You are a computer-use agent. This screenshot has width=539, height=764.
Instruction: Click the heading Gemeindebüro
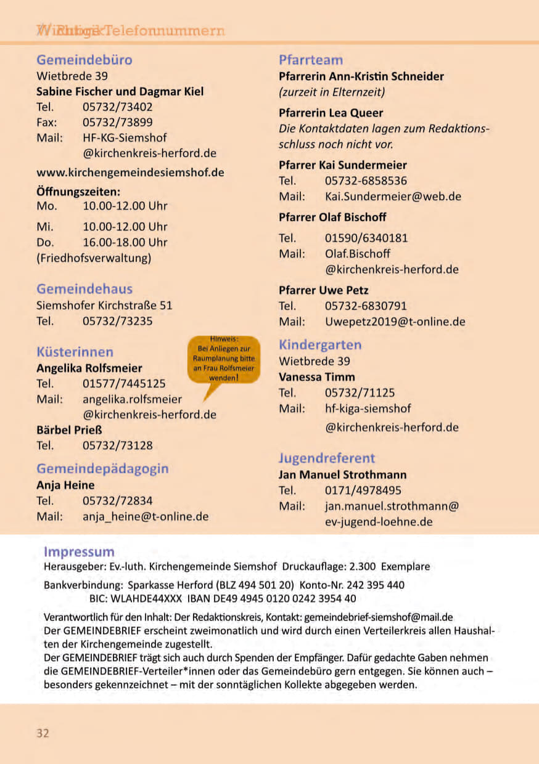pos(84,60)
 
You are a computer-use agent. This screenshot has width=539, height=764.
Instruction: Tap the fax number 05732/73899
pos(118,122)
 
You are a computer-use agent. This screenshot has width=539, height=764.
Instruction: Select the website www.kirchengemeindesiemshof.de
pos(130,173)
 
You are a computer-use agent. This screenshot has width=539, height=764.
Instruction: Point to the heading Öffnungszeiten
pos(78,191)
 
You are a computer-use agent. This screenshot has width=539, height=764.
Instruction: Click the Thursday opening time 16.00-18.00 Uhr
pos(125,242)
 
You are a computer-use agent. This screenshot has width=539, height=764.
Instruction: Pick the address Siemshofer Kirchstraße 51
pos(104,305)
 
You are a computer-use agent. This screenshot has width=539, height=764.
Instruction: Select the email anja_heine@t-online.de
pos(146,516)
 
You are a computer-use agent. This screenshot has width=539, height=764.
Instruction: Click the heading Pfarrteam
pos(311,60)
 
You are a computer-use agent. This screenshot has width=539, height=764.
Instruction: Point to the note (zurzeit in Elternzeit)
pos(332,92)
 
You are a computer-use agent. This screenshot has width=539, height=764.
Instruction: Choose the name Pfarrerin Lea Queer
pos(331,113)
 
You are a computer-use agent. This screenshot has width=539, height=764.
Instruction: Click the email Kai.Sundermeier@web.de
pos(393,197)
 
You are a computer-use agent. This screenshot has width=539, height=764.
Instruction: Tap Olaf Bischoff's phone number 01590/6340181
pos(366,238)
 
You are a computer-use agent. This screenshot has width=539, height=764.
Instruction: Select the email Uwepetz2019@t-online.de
pos(395,321)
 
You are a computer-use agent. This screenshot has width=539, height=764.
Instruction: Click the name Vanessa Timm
pos(317,376)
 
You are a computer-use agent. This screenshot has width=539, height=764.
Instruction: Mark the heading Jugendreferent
pos(327,458)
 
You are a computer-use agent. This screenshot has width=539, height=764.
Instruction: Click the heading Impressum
pos(79,551)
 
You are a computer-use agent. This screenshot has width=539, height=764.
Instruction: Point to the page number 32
pos(43,733)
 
